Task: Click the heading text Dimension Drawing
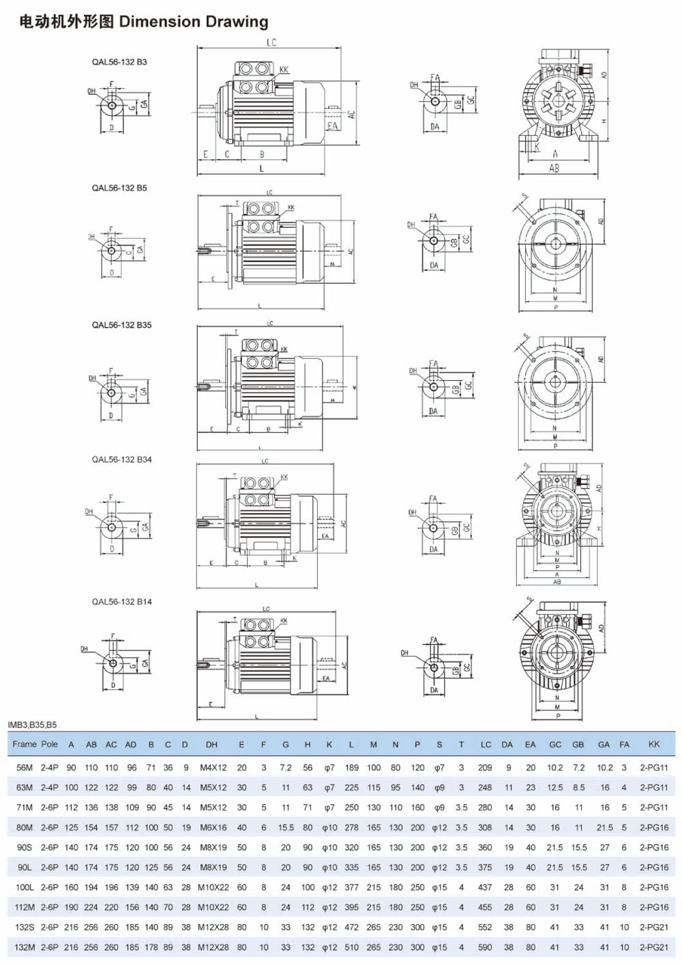click(194, 22)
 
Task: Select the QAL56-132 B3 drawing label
click(119, 62)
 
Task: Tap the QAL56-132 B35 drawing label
click(121, 325)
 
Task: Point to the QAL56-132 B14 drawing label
click(121, 602)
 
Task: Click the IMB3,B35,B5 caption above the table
click(32, 725)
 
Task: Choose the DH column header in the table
click(211, 745)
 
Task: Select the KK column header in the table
click(653, 745)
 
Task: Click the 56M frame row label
click(24, 768)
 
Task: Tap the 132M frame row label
click(24, 947)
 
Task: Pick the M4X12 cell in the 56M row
click(213, 768)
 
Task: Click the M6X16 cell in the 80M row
click(213, 828)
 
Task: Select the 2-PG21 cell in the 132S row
click(653, 927)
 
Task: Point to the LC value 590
click(485, 947)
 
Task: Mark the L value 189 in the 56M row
click(351, 768)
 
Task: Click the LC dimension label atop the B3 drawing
click(271, 43)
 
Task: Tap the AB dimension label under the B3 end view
click(554, 168)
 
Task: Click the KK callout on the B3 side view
click(284, 70)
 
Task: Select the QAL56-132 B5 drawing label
click(119, 188)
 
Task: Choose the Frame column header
click(24, 745)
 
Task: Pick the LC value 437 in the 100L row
click(485, 888)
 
